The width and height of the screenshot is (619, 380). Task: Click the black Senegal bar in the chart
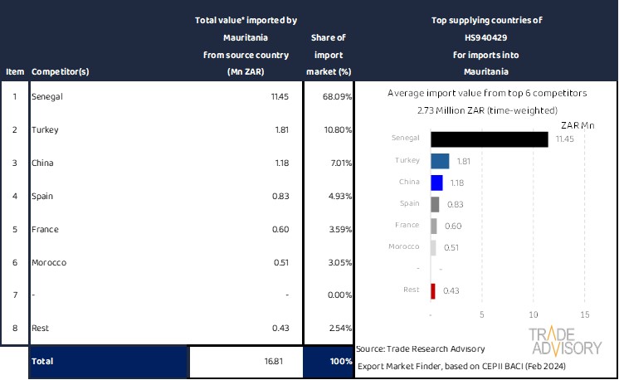tap(490, 139)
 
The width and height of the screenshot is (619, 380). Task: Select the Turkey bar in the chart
tap(440, 161)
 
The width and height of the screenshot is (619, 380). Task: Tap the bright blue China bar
tap(436, 183)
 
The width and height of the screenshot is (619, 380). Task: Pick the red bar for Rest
tap(433, 290)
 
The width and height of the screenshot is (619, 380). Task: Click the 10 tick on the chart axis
tap(534, 315)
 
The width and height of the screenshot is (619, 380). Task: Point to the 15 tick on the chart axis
tap(584, 315)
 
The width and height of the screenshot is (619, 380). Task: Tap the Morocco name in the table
tap(49, 262)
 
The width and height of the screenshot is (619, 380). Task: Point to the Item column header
tap(14, 71)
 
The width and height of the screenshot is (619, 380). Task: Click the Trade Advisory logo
tap(564, 341)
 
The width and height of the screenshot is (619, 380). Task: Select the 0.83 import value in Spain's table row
tap(280, 196)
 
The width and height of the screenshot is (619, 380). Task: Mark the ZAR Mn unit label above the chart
tap(578, 124)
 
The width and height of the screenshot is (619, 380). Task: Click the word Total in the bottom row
tap(43, 362)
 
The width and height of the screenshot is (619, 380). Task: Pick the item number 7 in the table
tap(14, 295)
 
